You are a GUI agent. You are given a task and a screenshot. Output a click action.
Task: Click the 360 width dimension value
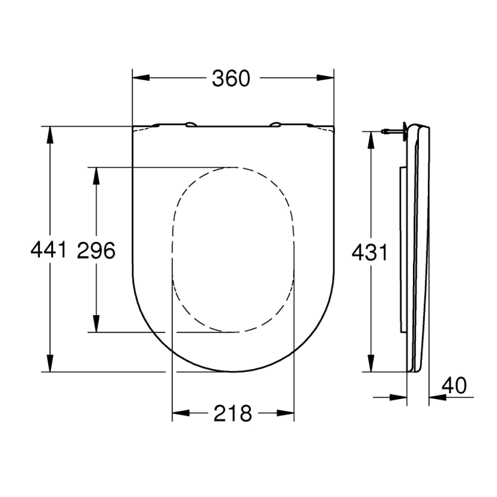231,79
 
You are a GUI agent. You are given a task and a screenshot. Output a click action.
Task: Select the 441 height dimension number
49,249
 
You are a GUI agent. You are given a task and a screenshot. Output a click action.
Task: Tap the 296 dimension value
96,250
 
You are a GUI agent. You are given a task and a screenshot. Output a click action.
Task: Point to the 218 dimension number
233,414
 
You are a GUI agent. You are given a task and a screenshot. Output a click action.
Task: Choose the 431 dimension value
370,252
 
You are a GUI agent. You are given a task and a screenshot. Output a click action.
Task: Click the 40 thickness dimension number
454,386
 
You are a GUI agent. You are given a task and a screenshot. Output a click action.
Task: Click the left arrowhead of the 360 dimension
141,78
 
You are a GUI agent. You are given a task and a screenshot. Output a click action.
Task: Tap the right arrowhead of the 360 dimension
326,78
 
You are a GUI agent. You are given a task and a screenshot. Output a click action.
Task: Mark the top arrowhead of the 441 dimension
50,135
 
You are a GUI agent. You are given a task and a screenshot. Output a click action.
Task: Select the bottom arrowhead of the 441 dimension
50,363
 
